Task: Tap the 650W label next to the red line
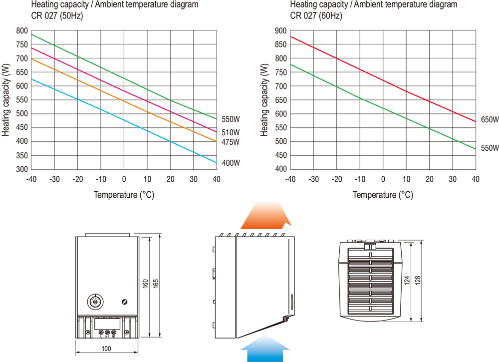point(490,120)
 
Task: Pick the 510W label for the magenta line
point(230,133)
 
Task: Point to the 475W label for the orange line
point(230,142)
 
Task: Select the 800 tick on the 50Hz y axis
point(22,31)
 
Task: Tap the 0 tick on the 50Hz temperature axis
point(124,179)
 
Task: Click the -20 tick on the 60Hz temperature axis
point(337,179)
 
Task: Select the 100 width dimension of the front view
point(106,349)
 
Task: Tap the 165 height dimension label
point(155,284)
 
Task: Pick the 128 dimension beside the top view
point(418,281)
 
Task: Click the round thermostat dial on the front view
point(94,301)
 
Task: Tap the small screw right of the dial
point(124,301)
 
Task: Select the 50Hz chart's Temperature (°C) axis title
point(124,195)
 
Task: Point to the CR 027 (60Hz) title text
point(316,15)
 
